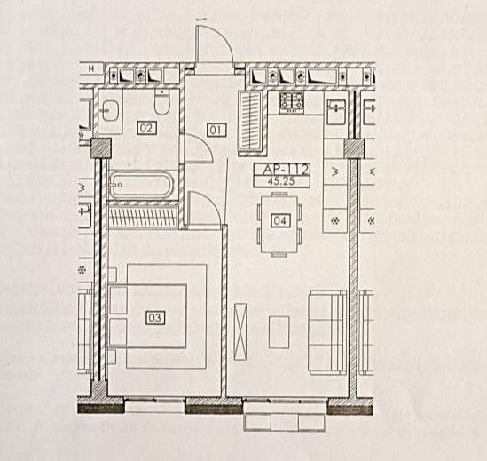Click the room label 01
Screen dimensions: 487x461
[x=216, y=130]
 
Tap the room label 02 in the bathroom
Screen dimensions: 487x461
[x=146, y=128]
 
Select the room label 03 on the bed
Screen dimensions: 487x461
[x=154, y=318]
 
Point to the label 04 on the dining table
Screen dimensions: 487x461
[x=280, y=220]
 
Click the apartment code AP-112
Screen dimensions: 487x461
[x=282, y=170]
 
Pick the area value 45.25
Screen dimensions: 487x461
[x=280, y=181]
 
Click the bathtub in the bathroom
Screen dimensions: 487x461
[x=141, y=185]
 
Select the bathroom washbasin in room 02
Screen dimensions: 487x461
[x=110, y=110]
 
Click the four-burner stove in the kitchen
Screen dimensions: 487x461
[x=291, y=101]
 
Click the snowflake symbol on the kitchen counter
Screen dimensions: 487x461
[x=334, y=220]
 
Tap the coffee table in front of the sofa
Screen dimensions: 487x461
[x=279, y=332]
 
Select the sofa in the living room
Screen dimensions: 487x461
[x=327, y=332]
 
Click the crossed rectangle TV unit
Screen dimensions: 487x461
[x=240, y=332]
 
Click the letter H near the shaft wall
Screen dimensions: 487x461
[x=91, y=68]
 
